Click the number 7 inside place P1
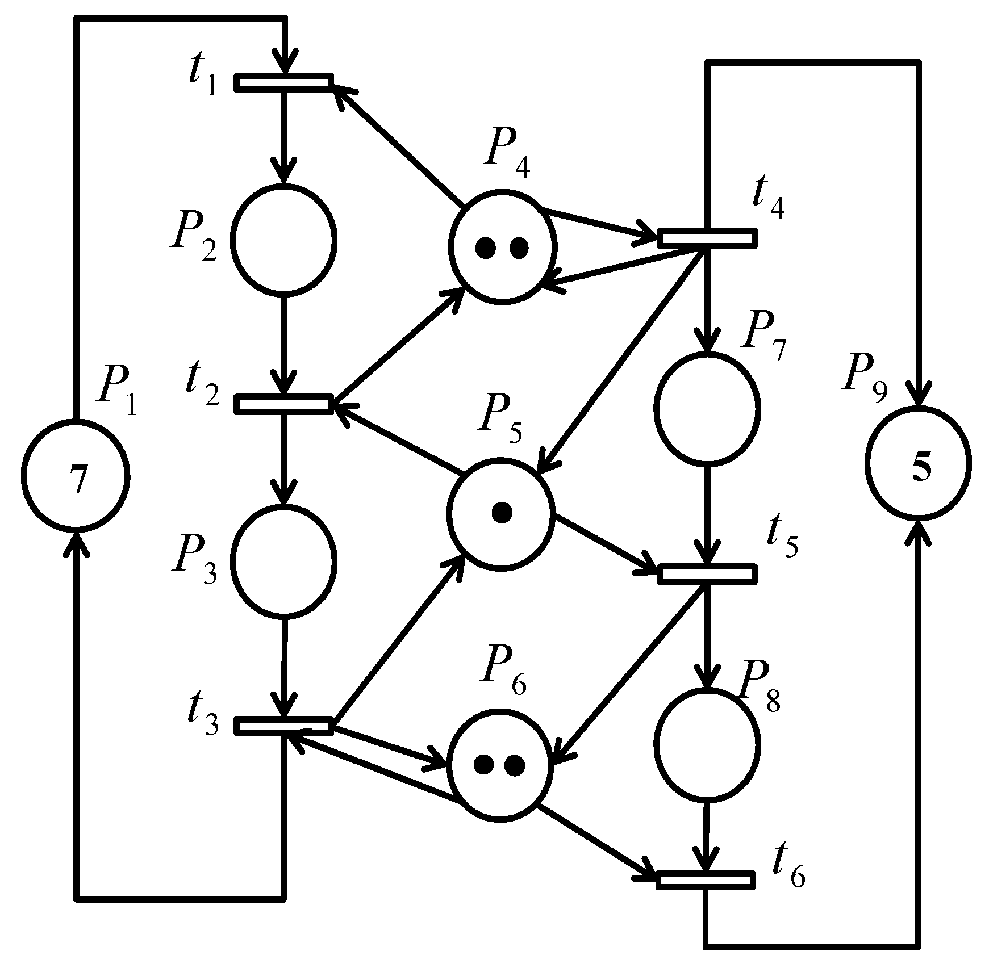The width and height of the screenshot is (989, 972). click(78, 479)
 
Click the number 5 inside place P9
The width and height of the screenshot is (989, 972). click(921, 470)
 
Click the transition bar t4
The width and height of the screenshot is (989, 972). click(707, 238)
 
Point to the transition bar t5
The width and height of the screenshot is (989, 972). click(707, 574)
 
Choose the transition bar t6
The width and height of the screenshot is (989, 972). click(706, 880)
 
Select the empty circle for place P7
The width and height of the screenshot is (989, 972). click(707, 407)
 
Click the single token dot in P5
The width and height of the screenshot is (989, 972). click(501, 513)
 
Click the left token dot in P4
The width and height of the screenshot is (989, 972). click(485, 248)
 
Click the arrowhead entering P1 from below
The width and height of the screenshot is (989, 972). click(78, 542)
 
